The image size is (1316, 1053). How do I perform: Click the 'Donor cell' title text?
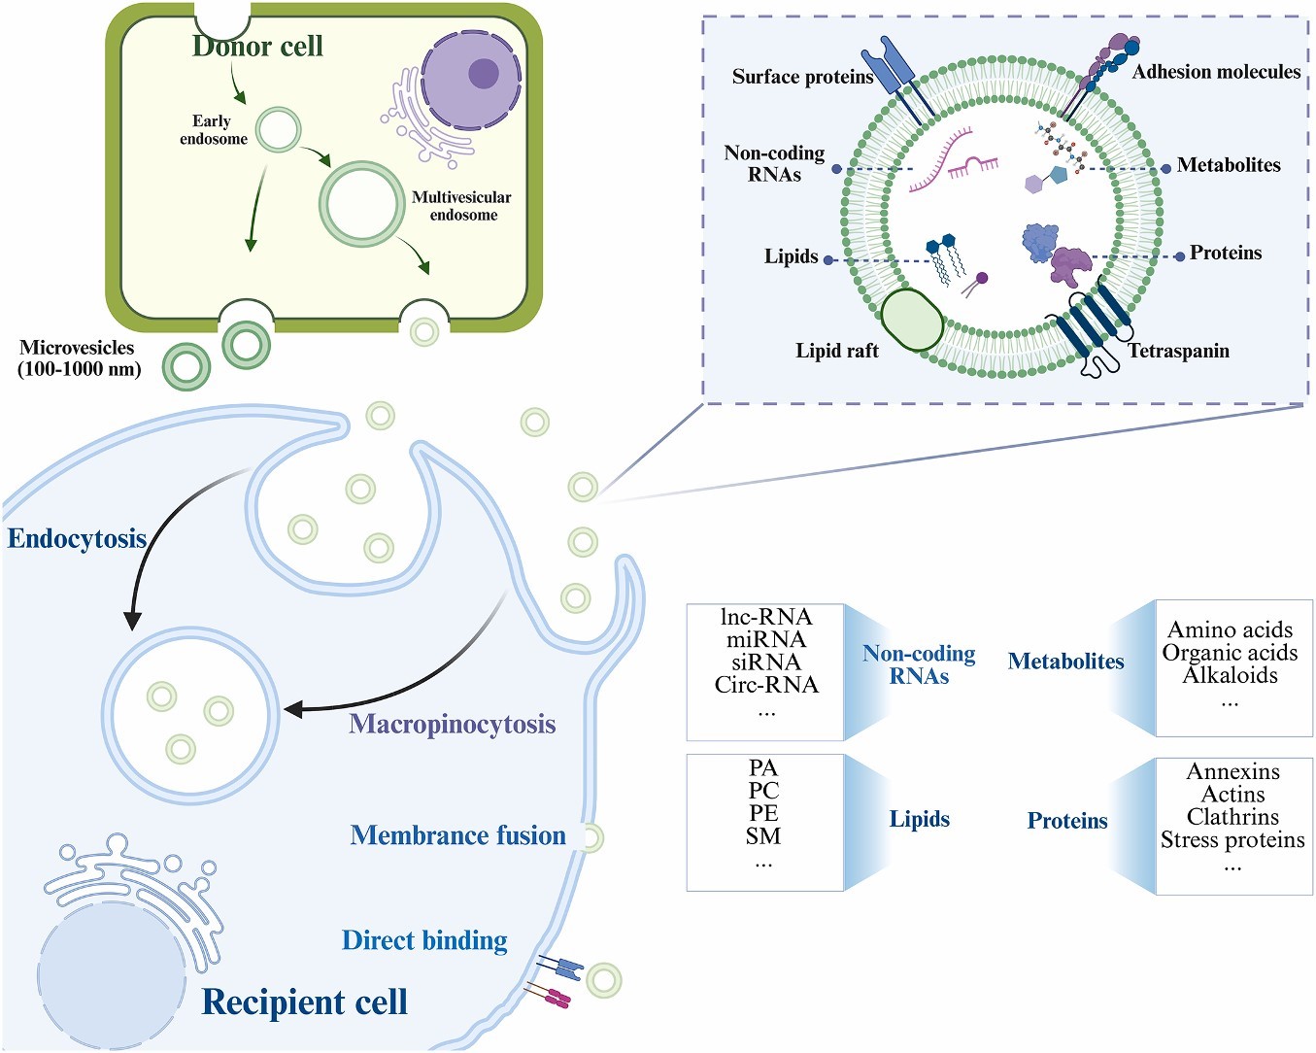click(257, 46)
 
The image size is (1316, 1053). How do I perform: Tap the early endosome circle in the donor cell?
click(279, 129)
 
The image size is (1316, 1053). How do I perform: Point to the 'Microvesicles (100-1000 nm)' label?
click(79, 358)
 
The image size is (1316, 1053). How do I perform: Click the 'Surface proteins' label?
click(802, 77)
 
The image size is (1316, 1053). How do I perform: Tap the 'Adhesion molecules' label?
click(1216, 72)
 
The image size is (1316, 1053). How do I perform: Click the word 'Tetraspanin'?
click(1178, 351)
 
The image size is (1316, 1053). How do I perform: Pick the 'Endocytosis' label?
click(77, 539)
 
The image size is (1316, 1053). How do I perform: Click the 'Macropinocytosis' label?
click(453, 724)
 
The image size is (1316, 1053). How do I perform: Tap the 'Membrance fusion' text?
click(457, 835)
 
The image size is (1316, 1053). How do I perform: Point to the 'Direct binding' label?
click(424, 940)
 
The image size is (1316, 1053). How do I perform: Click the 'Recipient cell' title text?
click(304, 1002)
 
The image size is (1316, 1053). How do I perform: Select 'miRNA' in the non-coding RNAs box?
click(765, 639)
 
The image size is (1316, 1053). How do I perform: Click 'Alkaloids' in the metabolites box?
click(1230, 675)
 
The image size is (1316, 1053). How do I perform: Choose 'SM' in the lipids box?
click(763, 835)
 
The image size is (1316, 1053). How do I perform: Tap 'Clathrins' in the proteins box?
click(1232, 817)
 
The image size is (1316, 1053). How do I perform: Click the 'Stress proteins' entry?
click(1232, 839)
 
